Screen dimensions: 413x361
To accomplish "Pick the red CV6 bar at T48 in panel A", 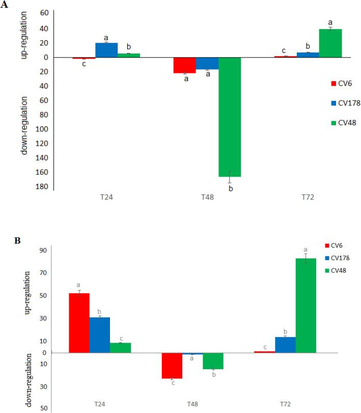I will point(185,65).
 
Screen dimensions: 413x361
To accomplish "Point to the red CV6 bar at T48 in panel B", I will point(172,365).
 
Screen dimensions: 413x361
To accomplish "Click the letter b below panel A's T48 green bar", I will point(230,189).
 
